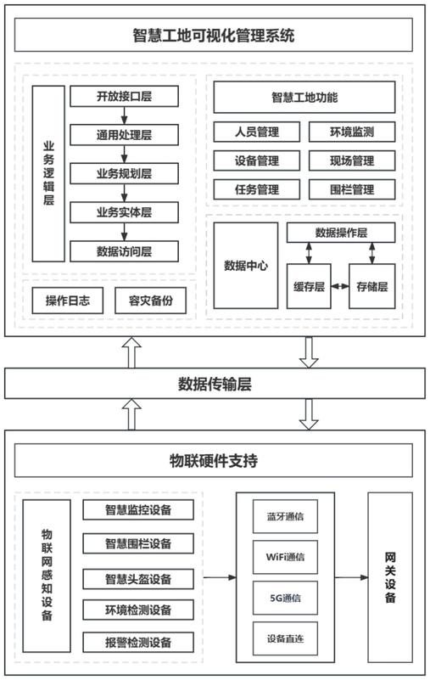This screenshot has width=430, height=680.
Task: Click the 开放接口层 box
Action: pyautogui.click(x=124, y=96)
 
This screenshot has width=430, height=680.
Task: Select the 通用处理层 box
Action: pyautogui.click(x=124, y=135)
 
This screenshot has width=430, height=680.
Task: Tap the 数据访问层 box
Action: pyautogui.click(x=124, y=251)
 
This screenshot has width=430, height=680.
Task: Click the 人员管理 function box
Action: pyautogui.click(x=257, y=132)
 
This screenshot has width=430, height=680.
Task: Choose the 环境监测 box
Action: pyautogui.click(x=352, y=132)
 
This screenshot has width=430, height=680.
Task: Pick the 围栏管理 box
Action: pyautogui.click(x=352, y=189)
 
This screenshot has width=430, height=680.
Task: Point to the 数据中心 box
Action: pyautogui.click(x=246, y=266)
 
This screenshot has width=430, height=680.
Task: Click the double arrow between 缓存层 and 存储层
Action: pyautogui.click(x=340, y=286)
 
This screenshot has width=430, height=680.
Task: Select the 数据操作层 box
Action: pyautogui.click(x=341, y=233)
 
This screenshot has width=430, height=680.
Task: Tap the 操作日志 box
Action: pyautogui.click(x=68, y=301)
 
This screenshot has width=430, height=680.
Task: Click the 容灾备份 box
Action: pyautogui.click(x=150, y=301)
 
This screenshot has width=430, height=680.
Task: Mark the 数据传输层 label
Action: pyautogui.click(x=215, y=384)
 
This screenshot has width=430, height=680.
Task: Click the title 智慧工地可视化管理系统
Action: pyautogui.click(x=214, y=35)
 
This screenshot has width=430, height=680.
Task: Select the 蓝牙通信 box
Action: pyautogui.click(x=285, y=516)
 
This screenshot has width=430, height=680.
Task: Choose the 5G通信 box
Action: pyautogui.click(x=285, y=598)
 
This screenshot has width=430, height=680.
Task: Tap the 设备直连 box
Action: pyautogui.click(x=285, y=638)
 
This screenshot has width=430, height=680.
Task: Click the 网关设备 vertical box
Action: pyautogui.click(x=390, y=577)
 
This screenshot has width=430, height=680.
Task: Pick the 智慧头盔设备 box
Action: pyautogui.click(x=138, y=579)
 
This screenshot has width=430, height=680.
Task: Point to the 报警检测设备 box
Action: pyautogui.click(x=138, y=642)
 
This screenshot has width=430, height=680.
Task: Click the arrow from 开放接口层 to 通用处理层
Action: pyautogui.click(x=125, y=115)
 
